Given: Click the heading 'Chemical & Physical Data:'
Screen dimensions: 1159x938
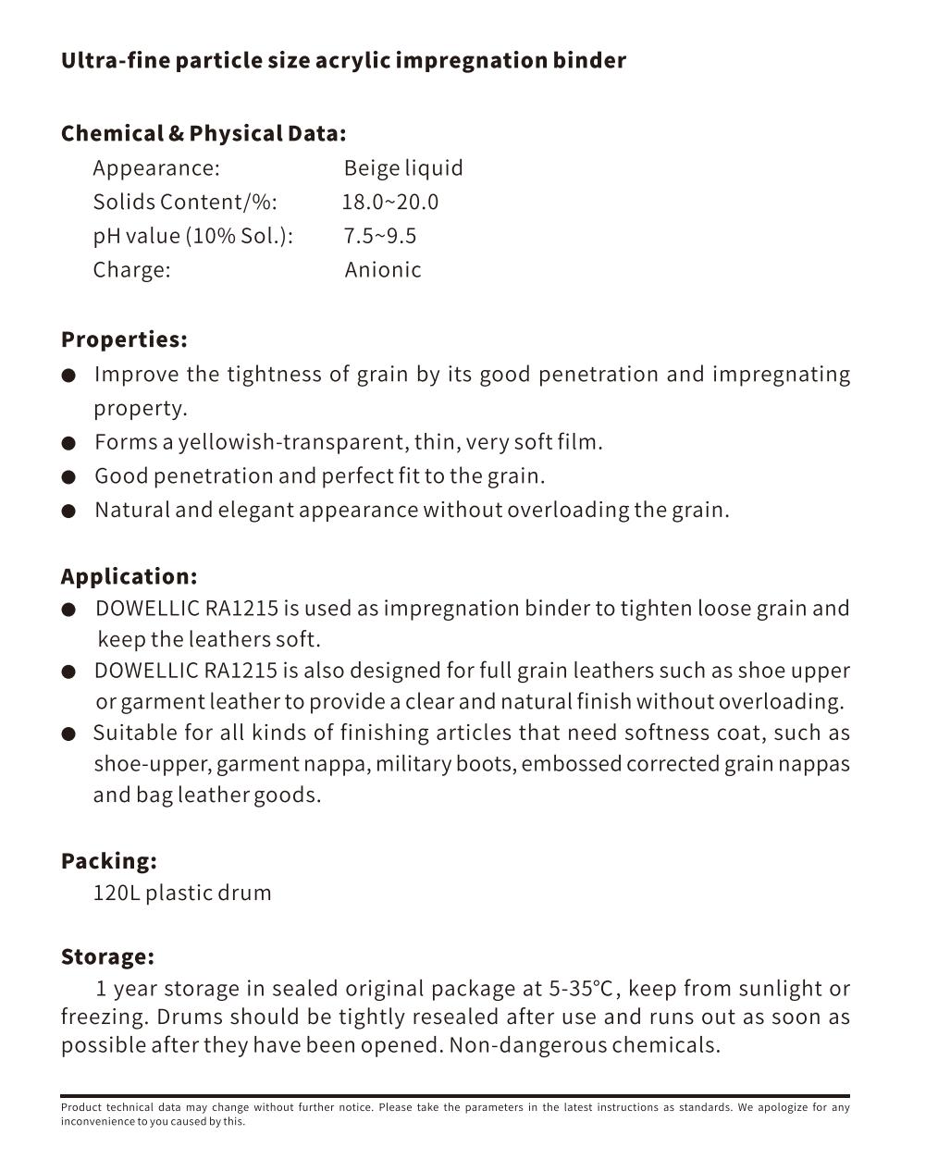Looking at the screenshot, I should (x=204, y=133).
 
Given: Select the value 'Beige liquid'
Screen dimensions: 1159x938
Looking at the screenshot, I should (x=403, y=168).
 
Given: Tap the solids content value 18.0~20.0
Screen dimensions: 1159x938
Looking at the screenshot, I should (x=390, y=203).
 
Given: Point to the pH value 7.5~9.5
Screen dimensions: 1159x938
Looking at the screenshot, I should (x=380, y=236).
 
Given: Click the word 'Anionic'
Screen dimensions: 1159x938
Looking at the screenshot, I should (x=383, y=270).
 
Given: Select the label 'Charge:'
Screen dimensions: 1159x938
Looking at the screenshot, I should (x=131, y=270).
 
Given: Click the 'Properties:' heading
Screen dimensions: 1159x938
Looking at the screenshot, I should (x=124, y=339).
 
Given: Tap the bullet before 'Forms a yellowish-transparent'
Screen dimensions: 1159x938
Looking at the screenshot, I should (x=68, y=443).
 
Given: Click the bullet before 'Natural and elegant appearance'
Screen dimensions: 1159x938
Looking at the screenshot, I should (x=68, y=512).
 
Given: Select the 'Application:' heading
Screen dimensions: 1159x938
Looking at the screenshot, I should (x=129, y=576).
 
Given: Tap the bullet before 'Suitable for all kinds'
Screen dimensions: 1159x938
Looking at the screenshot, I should (x=68, y=734).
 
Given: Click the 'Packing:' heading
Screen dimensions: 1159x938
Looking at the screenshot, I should (x=108, y=861).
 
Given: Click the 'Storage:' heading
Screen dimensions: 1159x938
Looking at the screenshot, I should (x=107, y=956).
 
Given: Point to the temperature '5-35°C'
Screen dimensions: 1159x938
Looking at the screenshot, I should (x=581, y=989).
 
